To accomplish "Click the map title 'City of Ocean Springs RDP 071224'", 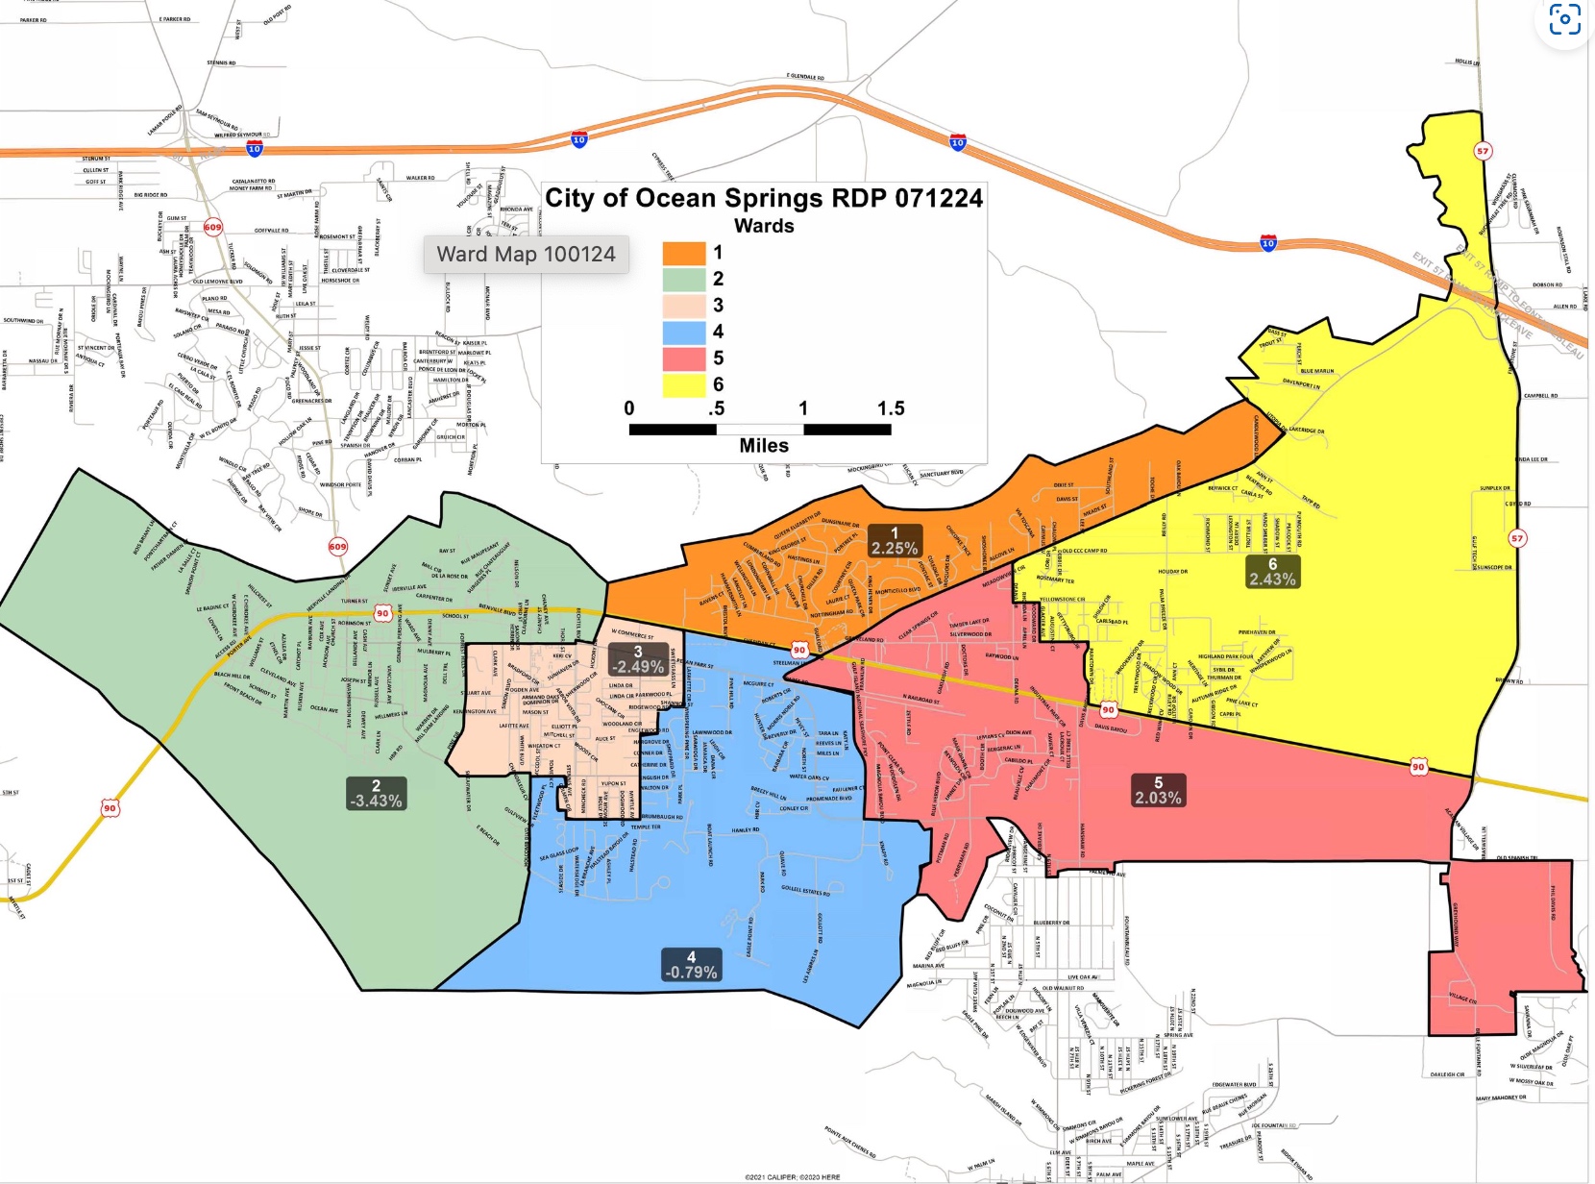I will point(764,198).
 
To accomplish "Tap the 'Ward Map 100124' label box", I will point(526,255).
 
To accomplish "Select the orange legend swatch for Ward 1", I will point(684,253).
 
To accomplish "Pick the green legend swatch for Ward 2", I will point(684,279).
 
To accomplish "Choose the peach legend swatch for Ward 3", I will point(684,306).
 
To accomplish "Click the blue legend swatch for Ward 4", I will point(684,332).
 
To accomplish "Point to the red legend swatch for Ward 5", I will point(684,358).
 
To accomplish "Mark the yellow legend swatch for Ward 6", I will point(684,385).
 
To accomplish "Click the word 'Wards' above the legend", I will point(764,226).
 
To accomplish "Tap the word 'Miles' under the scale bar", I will point(764,446).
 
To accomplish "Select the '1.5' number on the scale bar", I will point(891,408).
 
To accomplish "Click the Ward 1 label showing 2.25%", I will point(895,541).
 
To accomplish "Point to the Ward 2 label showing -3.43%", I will point(376,794).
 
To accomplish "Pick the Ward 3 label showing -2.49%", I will point(639,659).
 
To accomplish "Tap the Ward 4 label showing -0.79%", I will point(691,965).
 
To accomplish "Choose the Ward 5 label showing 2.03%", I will point(1158,791).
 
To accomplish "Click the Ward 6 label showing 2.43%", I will point(1272,572).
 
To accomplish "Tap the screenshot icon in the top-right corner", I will point(1564,19).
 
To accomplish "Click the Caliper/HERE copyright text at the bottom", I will point(792,1177).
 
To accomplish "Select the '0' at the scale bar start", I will point(629,408).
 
